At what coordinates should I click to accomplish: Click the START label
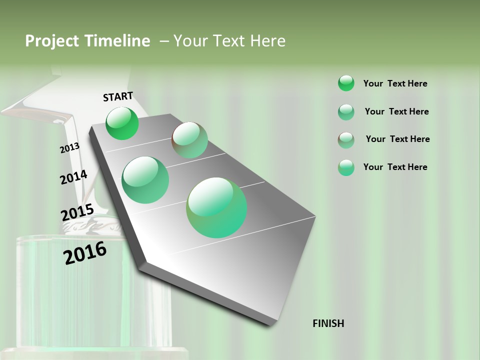118,96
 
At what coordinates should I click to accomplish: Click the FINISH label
328,323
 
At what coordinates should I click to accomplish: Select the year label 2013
69,148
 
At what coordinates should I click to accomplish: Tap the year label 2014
73,177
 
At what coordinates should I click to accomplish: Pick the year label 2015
77,212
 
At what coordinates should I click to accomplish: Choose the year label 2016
85,253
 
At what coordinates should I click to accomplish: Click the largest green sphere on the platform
216,207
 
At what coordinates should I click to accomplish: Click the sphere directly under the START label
122,123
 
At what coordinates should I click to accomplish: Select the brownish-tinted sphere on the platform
190,140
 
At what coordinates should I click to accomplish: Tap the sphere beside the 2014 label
145,180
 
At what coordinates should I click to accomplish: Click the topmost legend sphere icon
346,83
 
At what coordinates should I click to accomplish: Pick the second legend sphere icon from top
346,112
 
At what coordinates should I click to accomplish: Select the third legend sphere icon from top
346,139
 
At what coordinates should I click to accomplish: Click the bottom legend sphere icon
346,167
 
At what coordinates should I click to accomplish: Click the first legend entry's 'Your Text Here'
395,83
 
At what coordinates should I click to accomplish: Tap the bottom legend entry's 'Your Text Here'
395,167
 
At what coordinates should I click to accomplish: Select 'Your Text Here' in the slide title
229,41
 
